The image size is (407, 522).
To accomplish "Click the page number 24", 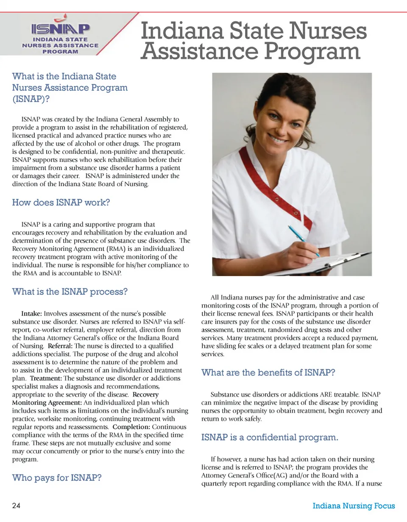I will pyautogui.click(x=17, y=506).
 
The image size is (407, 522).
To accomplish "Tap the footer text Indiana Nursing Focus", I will pyautogui.click(x=354, y=506).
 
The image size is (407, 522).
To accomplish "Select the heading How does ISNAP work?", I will pyautogui.click(x=61, y=203).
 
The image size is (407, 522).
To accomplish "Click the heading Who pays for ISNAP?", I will pyautogui.click(x=57, y=478).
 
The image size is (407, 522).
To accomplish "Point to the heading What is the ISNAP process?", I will pyautogui.click(x=70, y=292).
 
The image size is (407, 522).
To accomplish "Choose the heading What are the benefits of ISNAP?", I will pyautogui.click(x=268, y=373).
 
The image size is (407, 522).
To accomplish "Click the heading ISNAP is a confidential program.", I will pyautogui.click(x=270, y=437).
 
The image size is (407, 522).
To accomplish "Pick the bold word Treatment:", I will pyautogui.click(x=46, y=378).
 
